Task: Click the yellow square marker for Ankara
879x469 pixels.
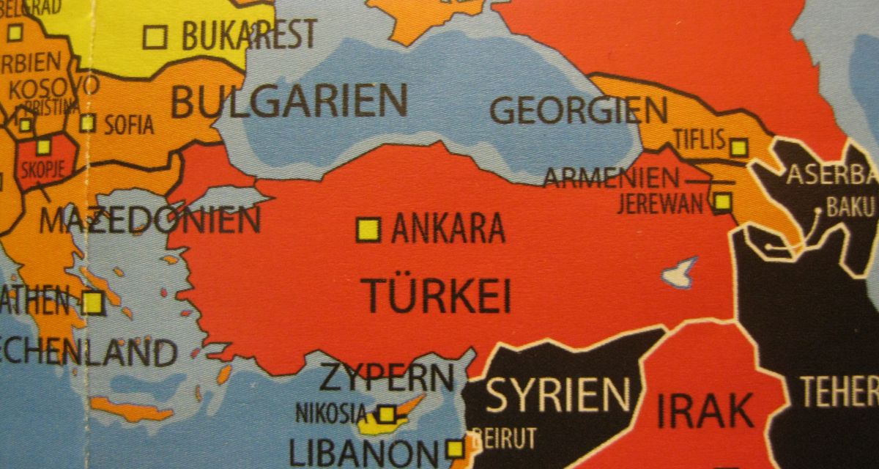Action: (368, 229)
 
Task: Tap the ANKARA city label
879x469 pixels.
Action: (448, 229)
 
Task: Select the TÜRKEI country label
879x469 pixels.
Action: (437, 295)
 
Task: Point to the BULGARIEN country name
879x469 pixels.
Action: (289, 102)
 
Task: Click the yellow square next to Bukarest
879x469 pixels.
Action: (155, 37)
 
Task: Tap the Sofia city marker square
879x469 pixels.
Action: (88, 122)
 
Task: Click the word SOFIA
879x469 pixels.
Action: (129, 125)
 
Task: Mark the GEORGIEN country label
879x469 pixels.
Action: (578, 111)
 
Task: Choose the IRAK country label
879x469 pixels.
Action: (705, 411)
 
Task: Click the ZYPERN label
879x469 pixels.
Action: (386, 377)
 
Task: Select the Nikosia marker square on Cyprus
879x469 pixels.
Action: (387, 413)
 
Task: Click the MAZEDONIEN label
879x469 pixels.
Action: (149, 220)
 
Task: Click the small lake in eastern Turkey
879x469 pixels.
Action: (679, 273)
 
